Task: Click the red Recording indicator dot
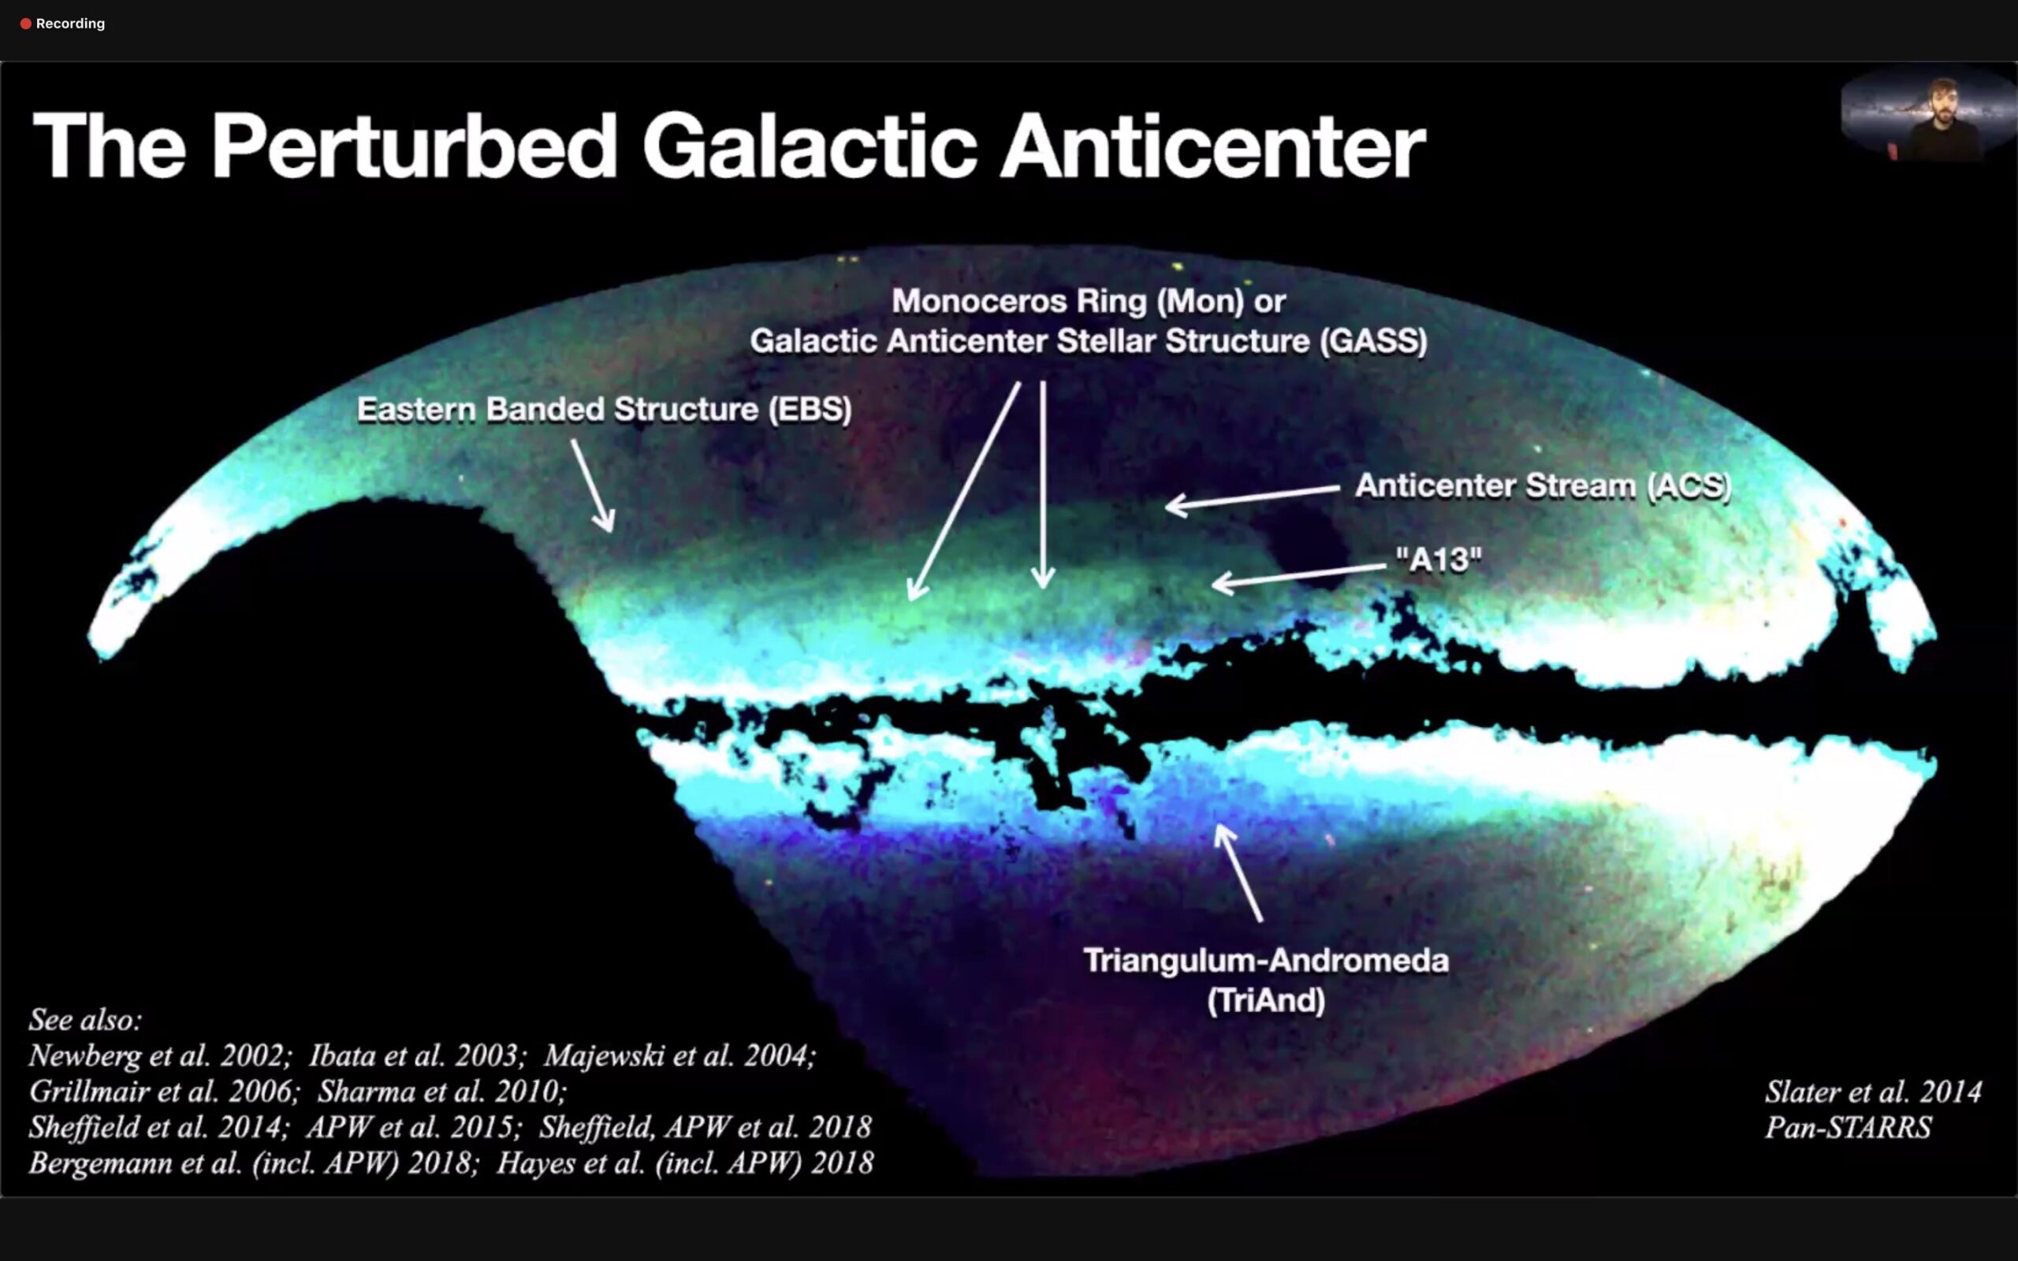tap(26, 24)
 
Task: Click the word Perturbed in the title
tap(414, 147)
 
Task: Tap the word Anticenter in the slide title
tap(1213, 147)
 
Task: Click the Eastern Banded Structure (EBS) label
tap(605, 410)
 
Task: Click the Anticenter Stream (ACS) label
tap(1543, 485)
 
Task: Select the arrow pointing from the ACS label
tap(1253, 498)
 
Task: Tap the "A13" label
tap(1439, 559)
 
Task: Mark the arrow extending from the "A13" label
tap(1298, 576)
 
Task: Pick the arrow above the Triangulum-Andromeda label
tap(1238, 872)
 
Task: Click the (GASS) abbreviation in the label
tap(1373, 341)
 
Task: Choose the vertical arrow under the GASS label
tap(1042, 485)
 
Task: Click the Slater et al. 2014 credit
tap(1873, 1092)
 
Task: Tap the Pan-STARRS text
tap(1848, 1128)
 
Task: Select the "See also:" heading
tap(86, 1019)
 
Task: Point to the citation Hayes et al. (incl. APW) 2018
tap(684, 1162)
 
